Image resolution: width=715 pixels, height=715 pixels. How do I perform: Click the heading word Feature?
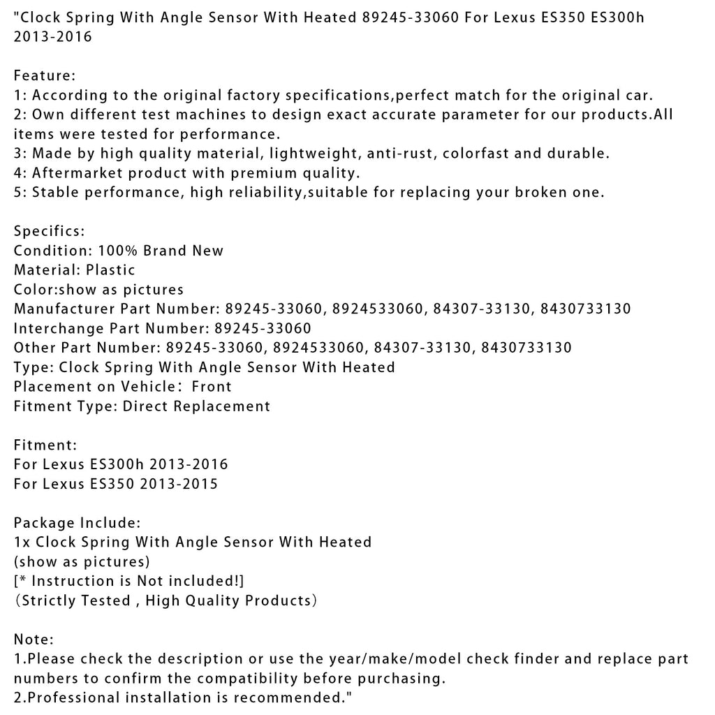pos(45,75)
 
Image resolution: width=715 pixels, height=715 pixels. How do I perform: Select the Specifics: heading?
pos(49,230)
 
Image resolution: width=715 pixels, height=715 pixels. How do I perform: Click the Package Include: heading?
pos(78,522)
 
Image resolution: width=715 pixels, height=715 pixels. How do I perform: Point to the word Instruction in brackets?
pos(74,581)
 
